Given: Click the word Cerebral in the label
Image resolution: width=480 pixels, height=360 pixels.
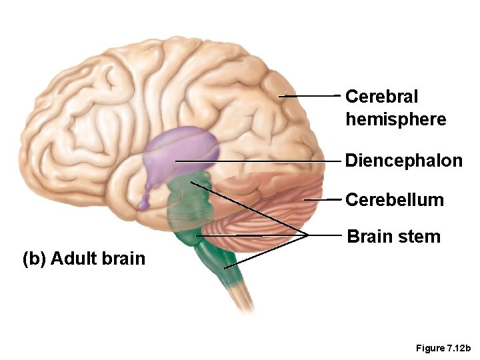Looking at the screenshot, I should click(x=381, y=97).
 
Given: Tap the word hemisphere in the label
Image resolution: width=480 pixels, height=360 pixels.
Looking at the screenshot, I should click(x=395, y=119).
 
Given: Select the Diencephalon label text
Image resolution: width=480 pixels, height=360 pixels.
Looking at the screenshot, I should click(x=403, y=161).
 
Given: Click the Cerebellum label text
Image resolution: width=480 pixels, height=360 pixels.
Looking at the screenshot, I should click(x=394, y=199).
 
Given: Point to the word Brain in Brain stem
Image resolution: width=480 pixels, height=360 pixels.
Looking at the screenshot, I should click(x=371, y=236).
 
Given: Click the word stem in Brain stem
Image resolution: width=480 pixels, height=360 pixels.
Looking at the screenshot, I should click(x=420, y=237).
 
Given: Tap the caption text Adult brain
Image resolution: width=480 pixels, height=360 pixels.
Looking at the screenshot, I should click(x=97, y=258).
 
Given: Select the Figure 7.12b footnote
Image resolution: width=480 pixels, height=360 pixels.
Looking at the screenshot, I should click(x=443, y=348).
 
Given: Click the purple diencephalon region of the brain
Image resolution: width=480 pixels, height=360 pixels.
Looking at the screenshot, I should click(x=183, y=150).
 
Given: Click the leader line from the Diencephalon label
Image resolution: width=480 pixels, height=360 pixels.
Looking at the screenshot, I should click(x=260, y=161).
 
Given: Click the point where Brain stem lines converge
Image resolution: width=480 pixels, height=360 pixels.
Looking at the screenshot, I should click(x=307, y=235).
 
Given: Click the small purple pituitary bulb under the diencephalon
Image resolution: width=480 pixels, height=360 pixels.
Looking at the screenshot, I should click(x=145, y=202).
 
